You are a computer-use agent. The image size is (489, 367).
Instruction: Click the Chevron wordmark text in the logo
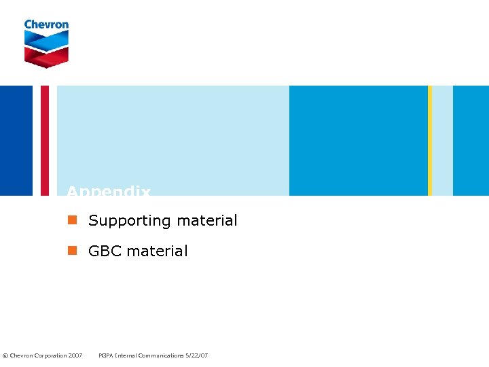coord(46,24)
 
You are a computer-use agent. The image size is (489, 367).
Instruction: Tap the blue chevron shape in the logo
coord(46,40)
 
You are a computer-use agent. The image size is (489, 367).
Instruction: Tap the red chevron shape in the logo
coord(46,56)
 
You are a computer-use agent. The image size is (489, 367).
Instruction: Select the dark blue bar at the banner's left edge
coord(16,141)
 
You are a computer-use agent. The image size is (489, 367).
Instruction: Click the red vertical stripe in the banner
coord(45,141)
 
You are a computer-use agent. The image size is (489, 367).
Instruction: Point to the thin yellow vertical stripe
coord(430,141)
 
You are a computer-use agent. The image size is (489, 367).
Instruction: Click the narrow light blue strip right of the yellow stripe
coord(442,141)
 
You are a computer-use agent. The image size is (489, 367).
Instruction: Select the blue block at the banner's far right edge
coord(471,141)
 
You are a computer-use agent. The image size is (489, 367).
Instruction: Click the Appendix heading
coord(109,192)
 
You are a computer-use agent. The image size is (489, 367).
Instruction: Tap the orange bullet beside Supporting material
coord(72,220)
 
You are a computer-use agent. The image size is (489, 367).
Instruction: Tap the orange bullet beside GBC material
coord(72,251)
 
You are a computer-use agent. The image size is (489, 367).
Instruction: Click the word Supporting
coord(130,221)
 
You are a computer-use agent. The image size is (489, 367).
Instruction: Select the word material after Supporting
coord(206,220)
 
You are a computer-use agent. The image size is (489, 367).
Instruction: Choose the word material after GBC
coord(157,251)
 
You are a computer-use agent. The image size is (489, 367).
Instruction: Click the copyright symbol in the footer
coord(5,355)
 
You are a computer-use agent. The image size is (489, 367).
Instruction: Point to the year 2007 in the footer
coord(75,355)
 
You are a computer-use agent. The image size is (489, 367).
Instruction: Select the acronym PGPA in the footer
coord(107,355)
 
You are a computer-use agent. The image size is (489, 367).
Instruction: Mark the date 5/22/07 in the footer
coord(197,355)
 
